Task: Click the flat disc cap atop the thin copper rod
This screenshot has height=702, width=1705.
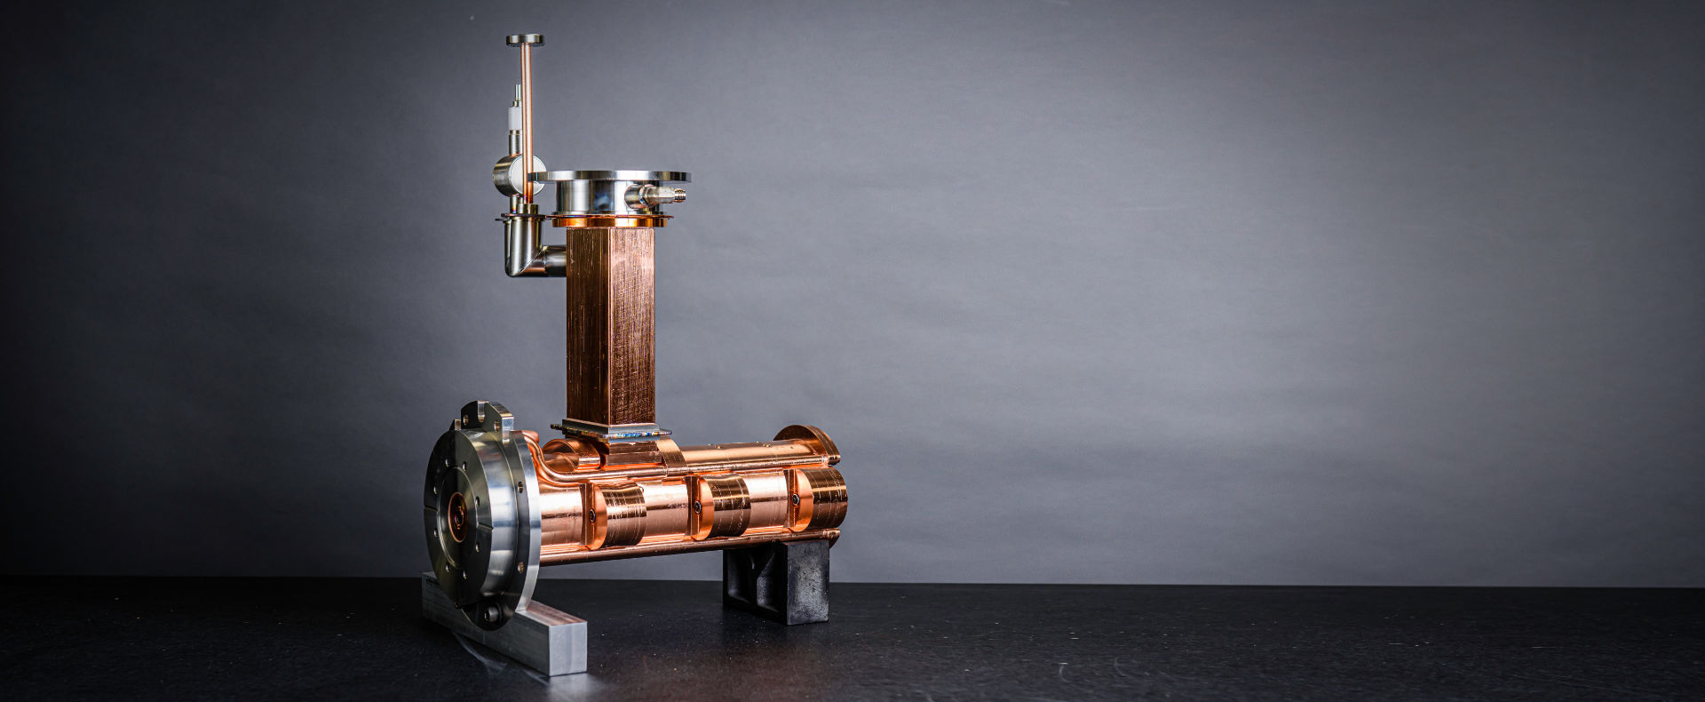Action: [525, 40]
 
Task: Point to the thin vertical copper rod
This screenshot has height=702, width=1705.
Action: [526, 107]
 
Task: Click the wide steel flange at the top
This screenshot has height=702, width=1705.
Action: [620, 177]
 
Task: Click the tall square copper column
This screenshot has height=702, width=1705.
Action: [609, 324]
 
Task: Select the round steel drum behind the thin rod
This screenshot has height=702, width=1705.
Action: [508, 175]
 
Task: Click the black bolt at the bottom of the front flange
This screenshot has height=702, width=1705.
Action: [491, 612]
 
